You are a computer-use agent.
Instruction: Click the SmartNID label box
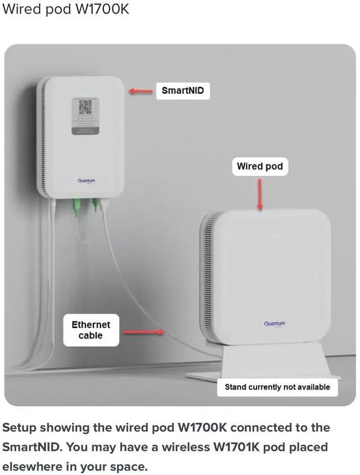[x=183, y=91]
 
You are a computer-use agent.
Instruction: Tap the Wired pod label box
[x=259, y=166]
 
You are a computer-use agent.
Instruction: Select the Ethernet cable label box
[x=91, y=330]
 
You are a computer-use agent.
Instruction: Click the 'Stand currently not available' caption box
[x=277, y=387]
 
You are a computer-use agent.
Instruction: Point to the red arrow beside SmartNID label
[x=141, y=91]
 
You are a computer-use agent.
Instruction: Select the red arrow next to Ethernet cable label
[x=143, y=332]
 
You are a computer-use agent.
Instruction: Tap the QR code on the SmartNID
[x=85, y=107]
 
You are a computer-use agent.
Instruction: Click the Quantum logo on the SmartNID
[x=87, y=180]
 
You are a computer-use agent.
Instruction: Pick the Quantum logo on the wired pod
[x=274, y=324]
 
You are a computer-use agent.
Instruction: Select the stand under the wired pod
[x=264, y=363]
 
